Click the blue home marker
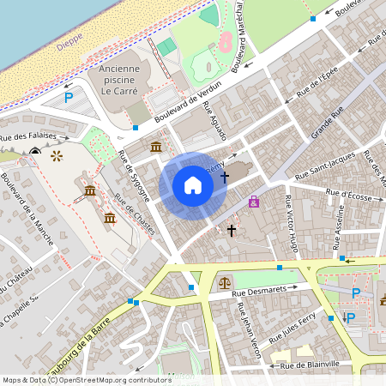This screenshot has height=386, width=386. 193,185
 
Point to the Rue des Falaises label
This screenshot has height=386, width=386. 34,136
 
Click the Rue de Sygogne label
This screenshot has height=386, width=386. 135,176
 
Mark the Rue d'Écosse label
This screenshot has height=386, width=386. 343,194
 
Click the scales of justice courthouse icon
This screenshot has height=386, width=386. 225,281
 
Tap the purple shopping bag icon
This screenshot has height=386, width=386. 253,202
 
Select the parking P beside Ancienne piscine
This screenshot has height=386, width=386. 69,98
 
